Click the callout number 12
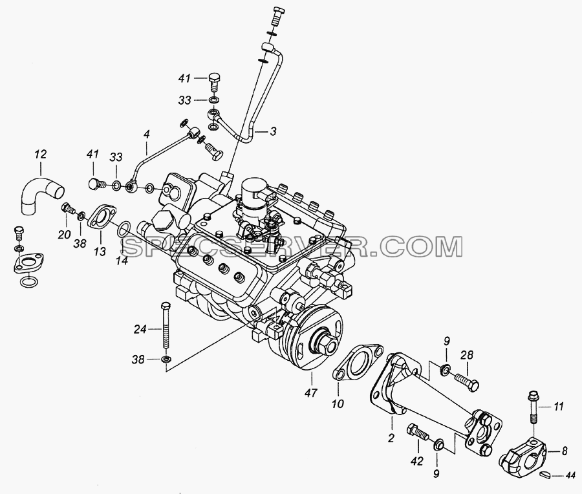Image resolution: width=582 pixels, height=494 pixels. pos(41,155)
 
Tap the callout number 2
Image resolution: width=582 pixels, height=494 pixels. pos(391,438)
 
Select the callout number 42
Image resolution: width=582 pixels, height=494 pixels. pos(417,461)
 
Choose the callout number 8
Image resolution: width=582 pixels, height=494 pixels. pos(565,451)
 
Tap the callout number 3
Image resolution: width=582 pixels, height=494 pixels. pos(273,131)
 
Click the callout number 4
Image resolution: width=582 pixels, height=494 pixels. pos(147,135)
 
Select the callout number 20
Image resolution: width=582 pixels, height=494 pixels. pos(65,234)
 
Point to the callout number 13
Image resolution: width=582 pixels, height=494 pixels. pos(100,252)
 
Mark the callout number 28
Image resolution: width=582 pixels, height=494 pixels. pos(468,355)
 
